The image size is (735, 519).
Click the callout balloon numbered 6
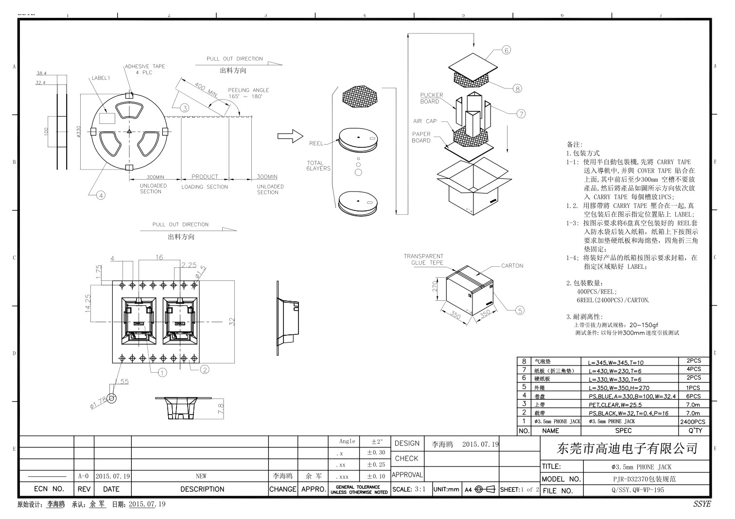click(x=506, y=50)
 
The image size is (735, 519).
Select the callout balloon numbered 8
click(x=517, y=88)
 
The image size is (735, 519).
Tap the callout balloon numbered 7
click(x=521, y=114)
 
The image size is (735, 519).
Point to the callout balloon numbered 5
click(x=520, y=311)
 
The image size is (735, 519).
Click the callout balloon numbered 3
click(x=185, y=108)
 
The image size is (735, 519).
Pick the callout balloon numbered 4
click(x=101, y=195)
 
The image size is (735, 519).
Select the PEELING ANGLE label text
click(x=248, y=93)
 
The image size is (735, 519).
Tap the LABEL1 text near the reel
click(x=101, y=78)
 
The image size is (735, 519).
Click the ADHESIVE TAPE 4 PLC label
click(x=145, y=69)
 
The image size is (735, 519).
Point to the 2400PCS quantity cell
click(x=693, y=422)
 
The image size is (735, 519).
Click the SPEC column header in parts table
click(x=623, y=431)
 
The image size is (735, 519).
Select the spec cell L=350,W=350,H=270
click(x=618, y=388)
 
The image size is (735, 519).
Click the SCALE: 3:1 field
click(x=409, y=489)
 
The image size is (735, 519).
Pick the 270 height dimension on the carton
click(x=436, y=286)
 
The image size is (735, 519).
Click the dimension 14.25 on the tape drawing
click(x=88, y=304)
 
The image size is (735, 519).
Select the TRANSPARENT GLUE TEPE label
click(x=423, y=259)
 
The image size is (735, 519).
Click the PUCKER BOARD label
click(x=432, y=98)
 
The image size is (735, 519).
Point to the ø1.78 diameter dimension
click(x=99, y=403)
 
